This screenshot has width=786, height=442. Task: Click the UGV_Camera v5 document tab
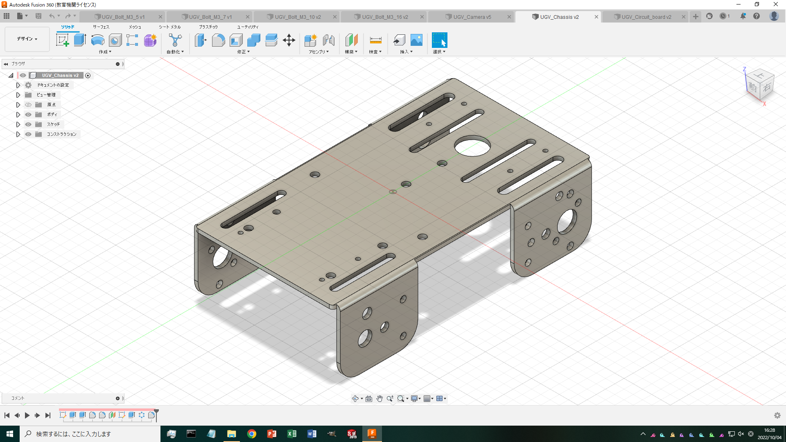tap(472, 17)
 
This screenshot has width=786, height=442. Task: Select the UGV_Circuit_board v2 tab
tap(646, 17)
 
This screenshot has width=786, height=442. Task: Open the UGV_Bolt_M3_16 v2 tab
tap(385, 17)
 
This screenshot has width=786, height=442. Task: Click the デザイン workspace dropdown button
tap(27, 39)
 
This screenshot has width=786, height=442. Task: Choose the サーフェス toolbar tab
tap(101, 27)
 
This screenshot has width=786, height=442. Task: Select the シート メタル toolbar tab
tap(170, 27)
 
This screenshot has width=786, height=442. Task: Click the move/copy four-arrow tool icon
tap(289, 40)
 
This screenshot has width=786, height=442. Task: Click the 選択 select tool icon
tap(439, 40)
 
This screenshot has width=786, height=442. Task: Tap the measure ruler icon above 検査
tap(375, 40)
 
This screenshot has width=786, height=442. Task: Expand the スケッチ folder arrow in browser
tap(18, 124)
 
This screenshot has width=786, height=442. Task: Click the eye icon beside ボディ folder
tap(28, 115)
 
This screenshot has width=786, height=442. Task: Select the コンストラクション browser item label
tap(61, 134)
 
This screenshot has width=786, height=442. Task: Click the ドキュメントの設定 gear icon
tap(28, 85)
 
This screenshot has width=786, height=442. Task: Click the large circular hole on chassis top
tap(472, 146)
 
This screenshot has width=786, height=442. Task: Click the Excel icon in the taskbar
tap(292, 434)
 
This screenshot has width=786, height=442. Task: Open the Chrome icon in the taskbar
tap(252, 434)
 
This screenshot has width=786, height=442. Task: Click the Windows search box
tap(90, 434)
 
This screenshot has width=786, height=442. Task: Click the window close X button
tap(775, 5)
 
